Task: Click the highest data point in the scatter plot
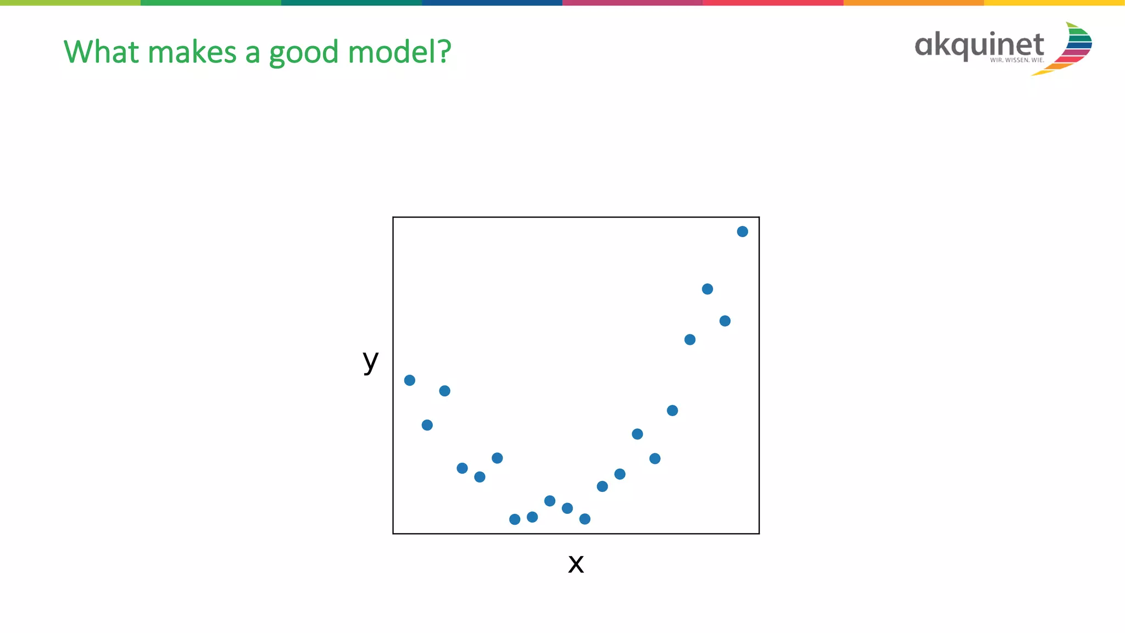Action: (742, 232)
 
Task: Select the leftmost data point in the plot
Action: (410, 380)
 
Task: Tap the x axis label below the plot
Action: (576, 564)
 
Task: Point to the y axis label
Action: (371, 361)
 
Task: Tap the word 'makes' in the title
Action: (192, 52)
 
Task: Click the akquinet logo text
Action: (979, 45)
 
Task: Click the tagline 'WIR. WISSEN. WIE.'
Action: (1017, 60)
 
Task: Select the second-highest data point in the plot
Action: (708, 289)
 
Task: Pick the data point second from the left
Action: (427, 425)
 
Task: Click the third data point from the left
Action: (445, 391)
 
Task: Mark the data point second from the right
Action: (725, 321)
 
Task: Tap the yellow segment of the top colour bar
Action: (1054, 3)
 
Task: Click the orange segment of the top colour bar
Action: (914, 3)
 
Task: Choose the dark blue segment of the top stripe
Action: (492, 3)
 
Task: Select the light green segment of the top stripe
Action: (70, 3)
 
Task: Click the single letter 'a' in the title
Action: (252, 53)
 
